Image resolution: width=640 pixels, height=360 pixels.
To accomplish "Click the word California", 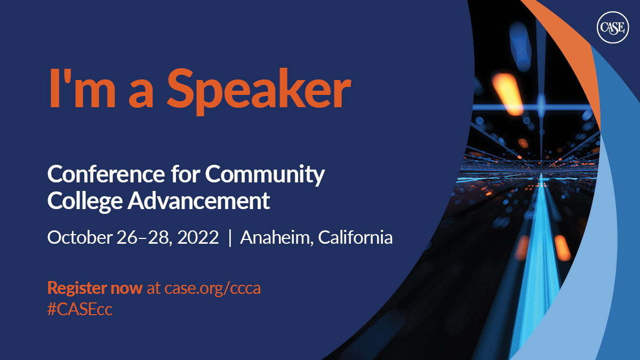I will [356, 237].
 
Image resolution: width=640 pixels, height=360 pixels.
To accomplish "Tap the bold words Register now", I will [95, 289].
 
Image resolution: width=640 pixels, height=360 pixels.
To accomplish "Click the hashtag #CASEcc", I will [79, 310].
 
